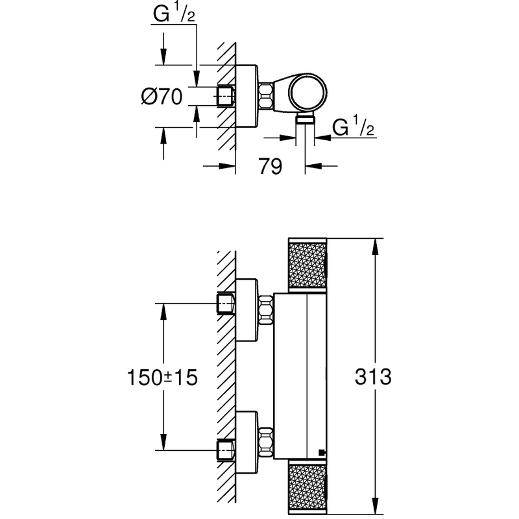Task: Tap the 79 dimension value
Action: coord(270,167)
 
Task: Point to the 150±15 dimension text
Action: coord(162,377)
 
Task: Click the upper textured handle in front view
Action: coord(308,266)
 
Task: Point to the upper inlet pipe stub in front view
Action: coord(224,304)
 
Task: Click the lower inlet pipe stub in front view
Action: coord(224,448)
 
